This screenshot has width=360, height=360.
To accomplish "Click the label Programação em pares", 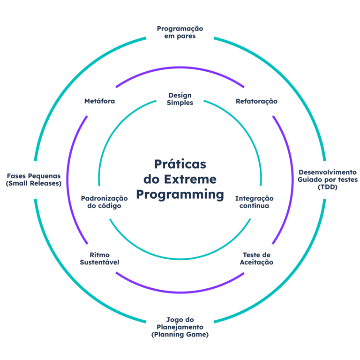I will pyautogui.click(x=180, y=32).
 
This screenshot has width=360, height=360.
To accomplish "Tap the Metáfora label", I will pyautogui.click(x=99, y=101).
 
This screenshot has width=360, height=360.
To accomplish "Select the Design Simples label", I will pyautogui.click(x=180, y=99).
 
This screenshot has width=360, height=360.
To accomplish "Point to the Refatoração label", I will pyautogui.click(x=256, y=101).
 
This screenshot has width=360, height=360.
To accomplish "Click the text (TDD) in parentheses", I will pyautogui.click(x=327, y=187).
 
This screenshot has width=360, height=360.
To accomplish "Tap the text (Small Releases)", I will pyautogui.click(x=33, y=184).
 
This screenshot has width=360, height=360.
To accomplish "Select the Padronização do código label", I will pyautogui.click(x=104, y=202).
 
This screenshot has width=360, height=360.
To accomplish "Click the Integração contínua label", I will pyautogui.click(x=254, y=202).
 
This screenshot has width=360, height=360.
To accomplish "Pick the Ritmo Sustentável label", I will pyautogui.click(x=99, y=258).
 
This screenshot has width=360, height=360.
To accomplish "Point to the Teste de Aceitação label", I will pyautogui.click(x=256, y=259).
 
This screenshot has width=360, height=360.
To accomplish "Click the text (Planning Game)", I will pyautogui.click(x=180, y=335).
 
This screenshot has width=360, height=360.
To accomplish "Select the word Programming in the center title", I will pyautogui.click(x=180, y=194).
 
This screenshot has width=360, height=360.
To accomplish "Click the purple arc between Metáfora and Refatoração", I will pyautogui.click(x=180, y=68).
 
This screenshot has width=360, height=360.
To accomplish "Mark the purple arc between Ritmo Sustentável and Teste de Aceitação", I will pyautogui.click(x=180, y=292).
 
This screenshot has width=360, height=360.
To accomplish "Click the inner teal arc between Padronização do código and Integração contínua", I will pyautogui.click(x=180, y=259).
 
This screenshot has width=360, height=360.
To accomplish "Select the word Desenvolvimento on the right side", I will pyautogui.click(x=327, y=172).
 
